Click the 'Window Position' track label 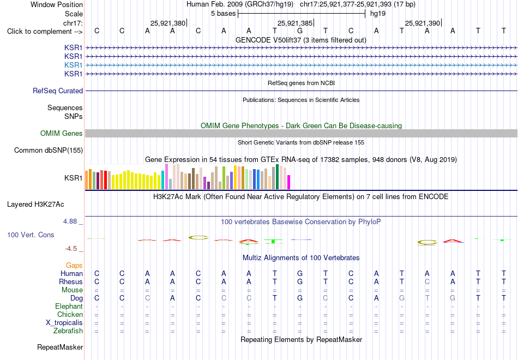tap(57, 4)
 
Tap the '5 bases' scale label tap(224, 14)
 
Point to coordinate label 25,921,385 tap(294, 23)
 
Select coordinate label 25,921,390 tap(423, 23)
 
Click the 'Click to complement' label tap(39, 32)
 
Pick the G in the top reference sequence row tap(300, 31)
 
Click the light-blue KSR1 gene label tap(74, 65)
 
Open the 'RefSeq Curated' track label tap(58, 91)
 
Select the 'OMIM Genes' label tap(62, 133)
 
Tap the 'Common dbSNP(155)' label tap(49, 150)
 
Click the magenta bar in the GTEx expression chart tap(289, 182)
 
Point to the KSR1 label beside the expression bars tap(74, 178)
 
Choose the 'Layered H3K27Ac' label tap(35, 205)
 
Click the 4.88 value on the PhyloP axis tap(70, 221)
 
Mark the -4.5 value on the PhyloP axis tap(71, 248)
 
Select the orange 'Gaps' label tap(74, 265)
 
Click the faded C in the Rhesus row tap(427, 281)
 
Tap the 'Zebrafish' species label tap(68, 331)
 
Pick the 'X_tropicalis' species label tap(64, 323)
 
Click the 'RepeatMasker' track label tap(60, 347)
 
